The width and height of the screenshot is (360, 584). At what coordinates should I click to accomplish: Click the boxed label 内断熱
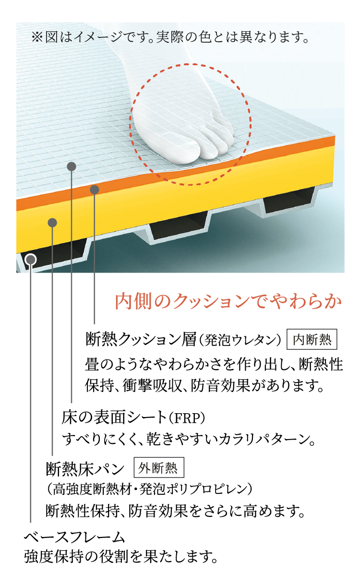[x=312, y=340]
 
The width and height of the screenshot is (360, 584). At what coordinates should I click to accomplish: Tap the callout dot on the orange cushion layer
[x=95, y=190]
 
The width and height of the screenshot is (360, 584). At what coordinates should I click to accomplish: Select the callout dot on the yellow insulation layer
[x=53, y=222]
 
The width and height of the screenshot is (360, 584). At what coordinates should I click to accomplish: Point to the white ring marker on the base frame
[x=31, y=259]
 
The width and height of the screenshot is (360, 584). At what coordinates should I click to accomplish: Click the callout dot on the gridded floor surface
[x=72, y=167]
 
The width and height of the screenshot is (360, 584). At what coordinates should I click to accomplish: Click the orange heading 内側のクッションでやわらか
[x=228, y=301]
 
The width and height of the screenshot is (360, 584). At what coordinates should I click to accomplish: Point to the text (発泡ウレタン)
[x=240, y=340]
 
